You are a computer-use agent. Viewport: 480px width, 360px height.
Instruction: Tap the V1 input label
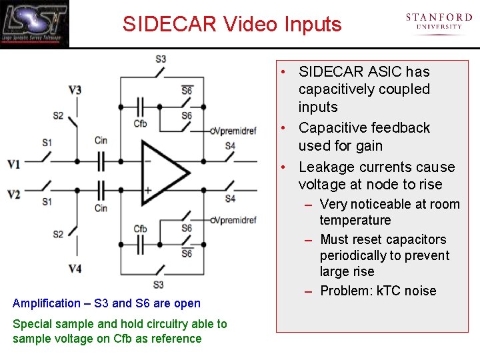click(x=14, y=164)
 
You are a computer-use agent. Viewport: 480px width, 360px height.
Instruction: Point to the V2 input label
click(x=14, y=194)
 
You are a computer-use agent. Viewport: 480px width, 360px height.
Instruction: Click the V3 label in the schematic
click(x=75, y=90)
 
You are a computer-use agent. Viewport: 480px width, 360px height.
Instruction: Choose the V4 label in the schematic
click(x=75, y=269)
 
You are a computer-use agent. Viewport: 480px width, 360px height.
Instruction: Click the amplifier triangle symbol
click(x=164, y=175)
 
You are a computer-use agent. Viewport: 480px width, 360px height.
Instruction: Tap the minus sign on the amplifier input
click(x=147, y=160)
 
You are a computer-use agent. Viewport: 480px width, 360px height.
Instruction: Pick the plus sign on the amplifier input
click(x=147, y=191)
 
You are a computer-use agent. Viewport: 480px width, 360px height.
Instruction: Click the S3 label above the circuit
click(x=161, y=59)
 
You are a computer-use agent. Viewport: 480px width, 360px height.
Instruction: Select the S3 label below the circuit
click(x=158, y=285)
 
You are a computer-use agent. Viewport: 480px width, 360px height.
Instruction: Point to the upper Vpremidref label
click(x=233, y=131)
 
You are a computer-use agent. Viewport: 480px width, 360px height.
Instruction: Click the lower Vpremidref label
click(x=233, y=220)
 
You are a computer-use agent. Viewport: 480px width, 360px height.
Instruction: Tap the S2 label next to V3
click(x=59, y=115)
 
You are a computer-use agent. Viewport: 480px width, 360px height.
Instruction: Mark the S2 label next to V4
click(x=59, y=234)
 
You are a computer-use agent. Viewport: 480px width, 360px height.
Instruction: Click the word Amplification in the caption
click(x=46, y=303)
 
